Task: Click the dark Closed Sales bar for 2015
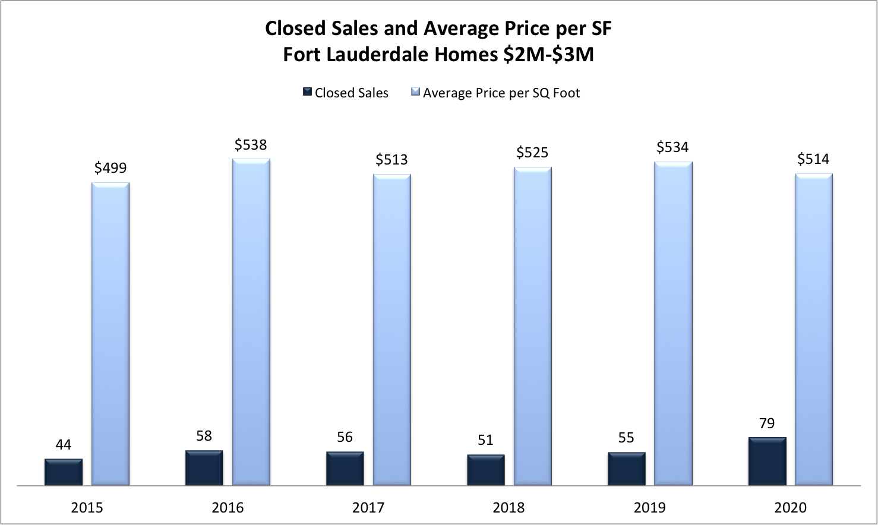pos(64,472)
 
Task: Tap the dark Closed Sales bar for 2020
pos(767,461)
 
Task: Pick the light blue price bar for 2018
pos(532,327)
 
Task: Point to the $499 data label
pos(110,168)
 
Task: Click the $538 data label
pos(251,145)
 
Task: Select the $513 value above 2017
pos(391,160)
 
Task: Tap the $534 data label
pos(672,147)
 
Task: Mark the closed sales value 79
pos(767,423)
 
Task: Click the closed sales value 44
pos(64,445)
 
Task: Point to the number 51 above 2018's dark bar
pos(485,440)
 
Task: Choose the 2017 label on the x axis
pos(368,508)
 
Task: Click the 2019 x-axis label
pos(649,508)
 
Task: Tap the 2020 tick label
pos(790,508)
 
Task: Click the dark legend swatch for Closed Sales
pos(307,92)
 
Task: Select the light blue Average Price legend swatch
pos(416,92)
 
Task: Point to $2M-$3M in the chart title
pos(548,55)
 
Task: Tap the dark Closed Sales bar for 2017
pos(345,469)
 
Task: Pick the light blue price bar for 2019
pos(673,324)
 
